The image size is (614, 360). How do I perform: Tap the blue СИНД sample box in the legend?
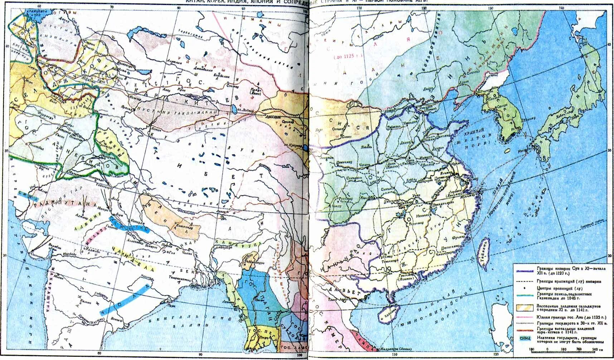pos(525,338)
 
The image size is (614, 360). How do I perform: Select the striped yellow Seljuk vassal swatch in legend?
pos(525,308)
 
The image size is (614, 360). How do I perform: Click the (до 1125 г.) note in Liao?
pos(347,57)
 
